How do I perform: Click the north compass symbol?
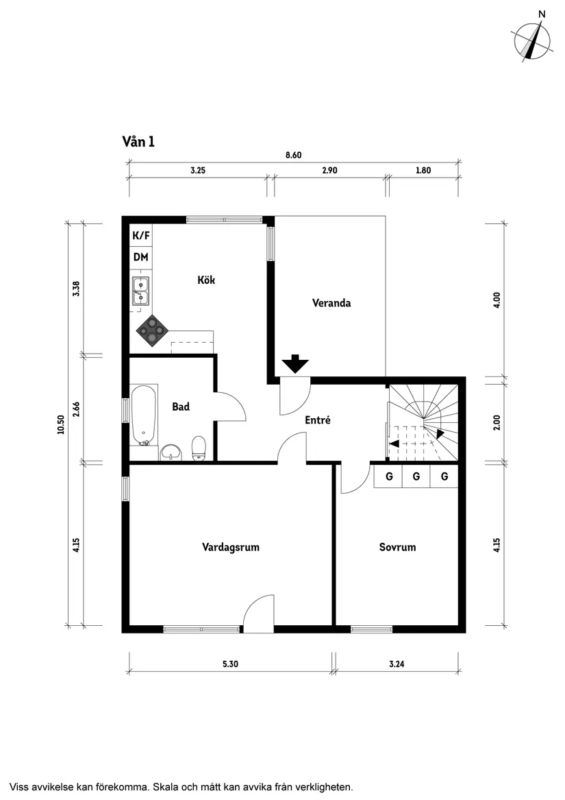(533, 40)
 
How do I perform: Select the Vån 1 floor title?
(138, 142)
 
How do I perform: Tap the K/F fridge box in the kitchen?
(141, 236)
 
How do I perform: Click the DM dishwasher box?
(141, 258)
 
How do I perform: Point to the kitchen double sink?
(140, 290)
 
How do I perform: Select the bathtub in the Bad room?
(144, 413)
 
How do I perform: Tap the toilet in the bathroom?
(199, 448)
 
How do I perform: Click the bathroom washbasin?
(171, 452)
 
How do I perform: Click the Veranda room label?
(331, 303)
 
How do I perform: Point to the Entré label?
(318, 420)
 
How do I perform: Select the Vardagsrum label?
(231, 547)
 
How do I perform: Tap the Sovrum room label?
(397, 547)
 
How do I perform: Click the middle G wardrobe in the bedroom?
(416, 476)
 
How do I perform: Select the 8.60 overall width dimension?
(293, 155)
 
